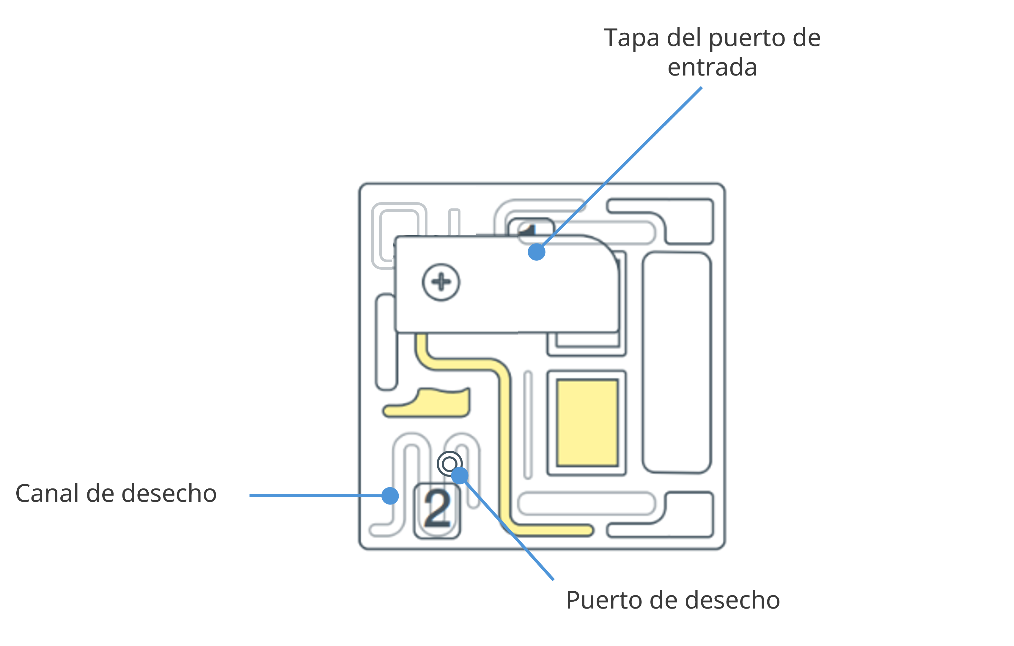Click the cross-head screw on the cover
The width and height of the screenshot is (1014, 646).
[441, 282]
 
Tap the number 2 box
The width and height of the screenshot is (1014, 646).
[437, 510]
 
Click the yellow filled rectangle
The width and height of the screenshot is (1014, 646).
[587, 423]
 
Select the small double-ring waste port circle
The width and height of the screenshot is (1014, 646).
[449, 464]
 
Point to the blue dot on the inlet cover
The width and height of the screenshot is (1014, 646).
[537, 252]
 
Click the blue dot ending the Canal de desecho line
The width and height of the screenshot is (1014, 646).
[390, 496]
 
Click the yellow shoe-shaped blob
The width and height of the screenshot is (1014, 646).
[426, 403]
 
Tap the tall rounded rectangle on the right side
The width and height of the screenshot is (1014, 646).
[677, 363]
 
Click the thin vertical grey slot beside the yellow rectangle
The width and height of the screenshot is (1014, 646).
[528, 425]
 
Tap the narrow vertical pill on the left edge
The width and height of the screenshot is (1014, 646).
[386, 342]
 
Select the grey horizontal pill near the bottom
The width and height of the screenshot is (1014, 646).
[586, 503]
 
